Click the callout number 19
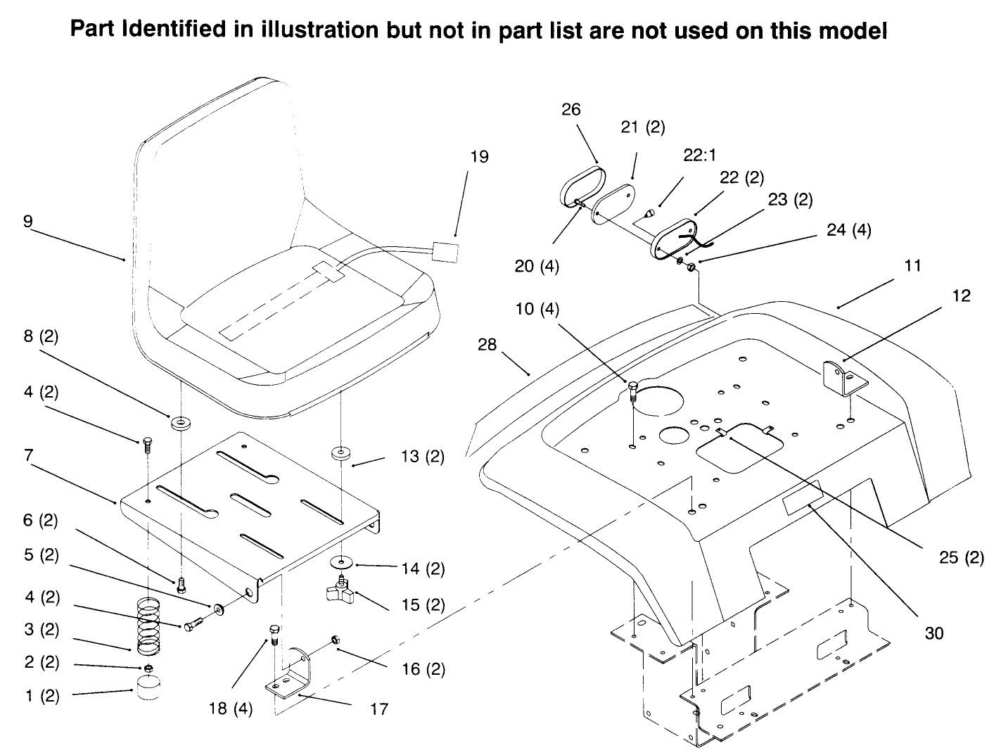point(479,156)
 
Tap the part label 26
point(571,109)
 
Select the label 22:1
point(701,156)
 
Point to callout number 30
point(933,633)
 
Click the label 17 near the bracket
point(379,709)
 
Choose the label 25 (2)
point(961,557)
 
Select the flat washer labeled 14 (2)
point(343,563)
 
